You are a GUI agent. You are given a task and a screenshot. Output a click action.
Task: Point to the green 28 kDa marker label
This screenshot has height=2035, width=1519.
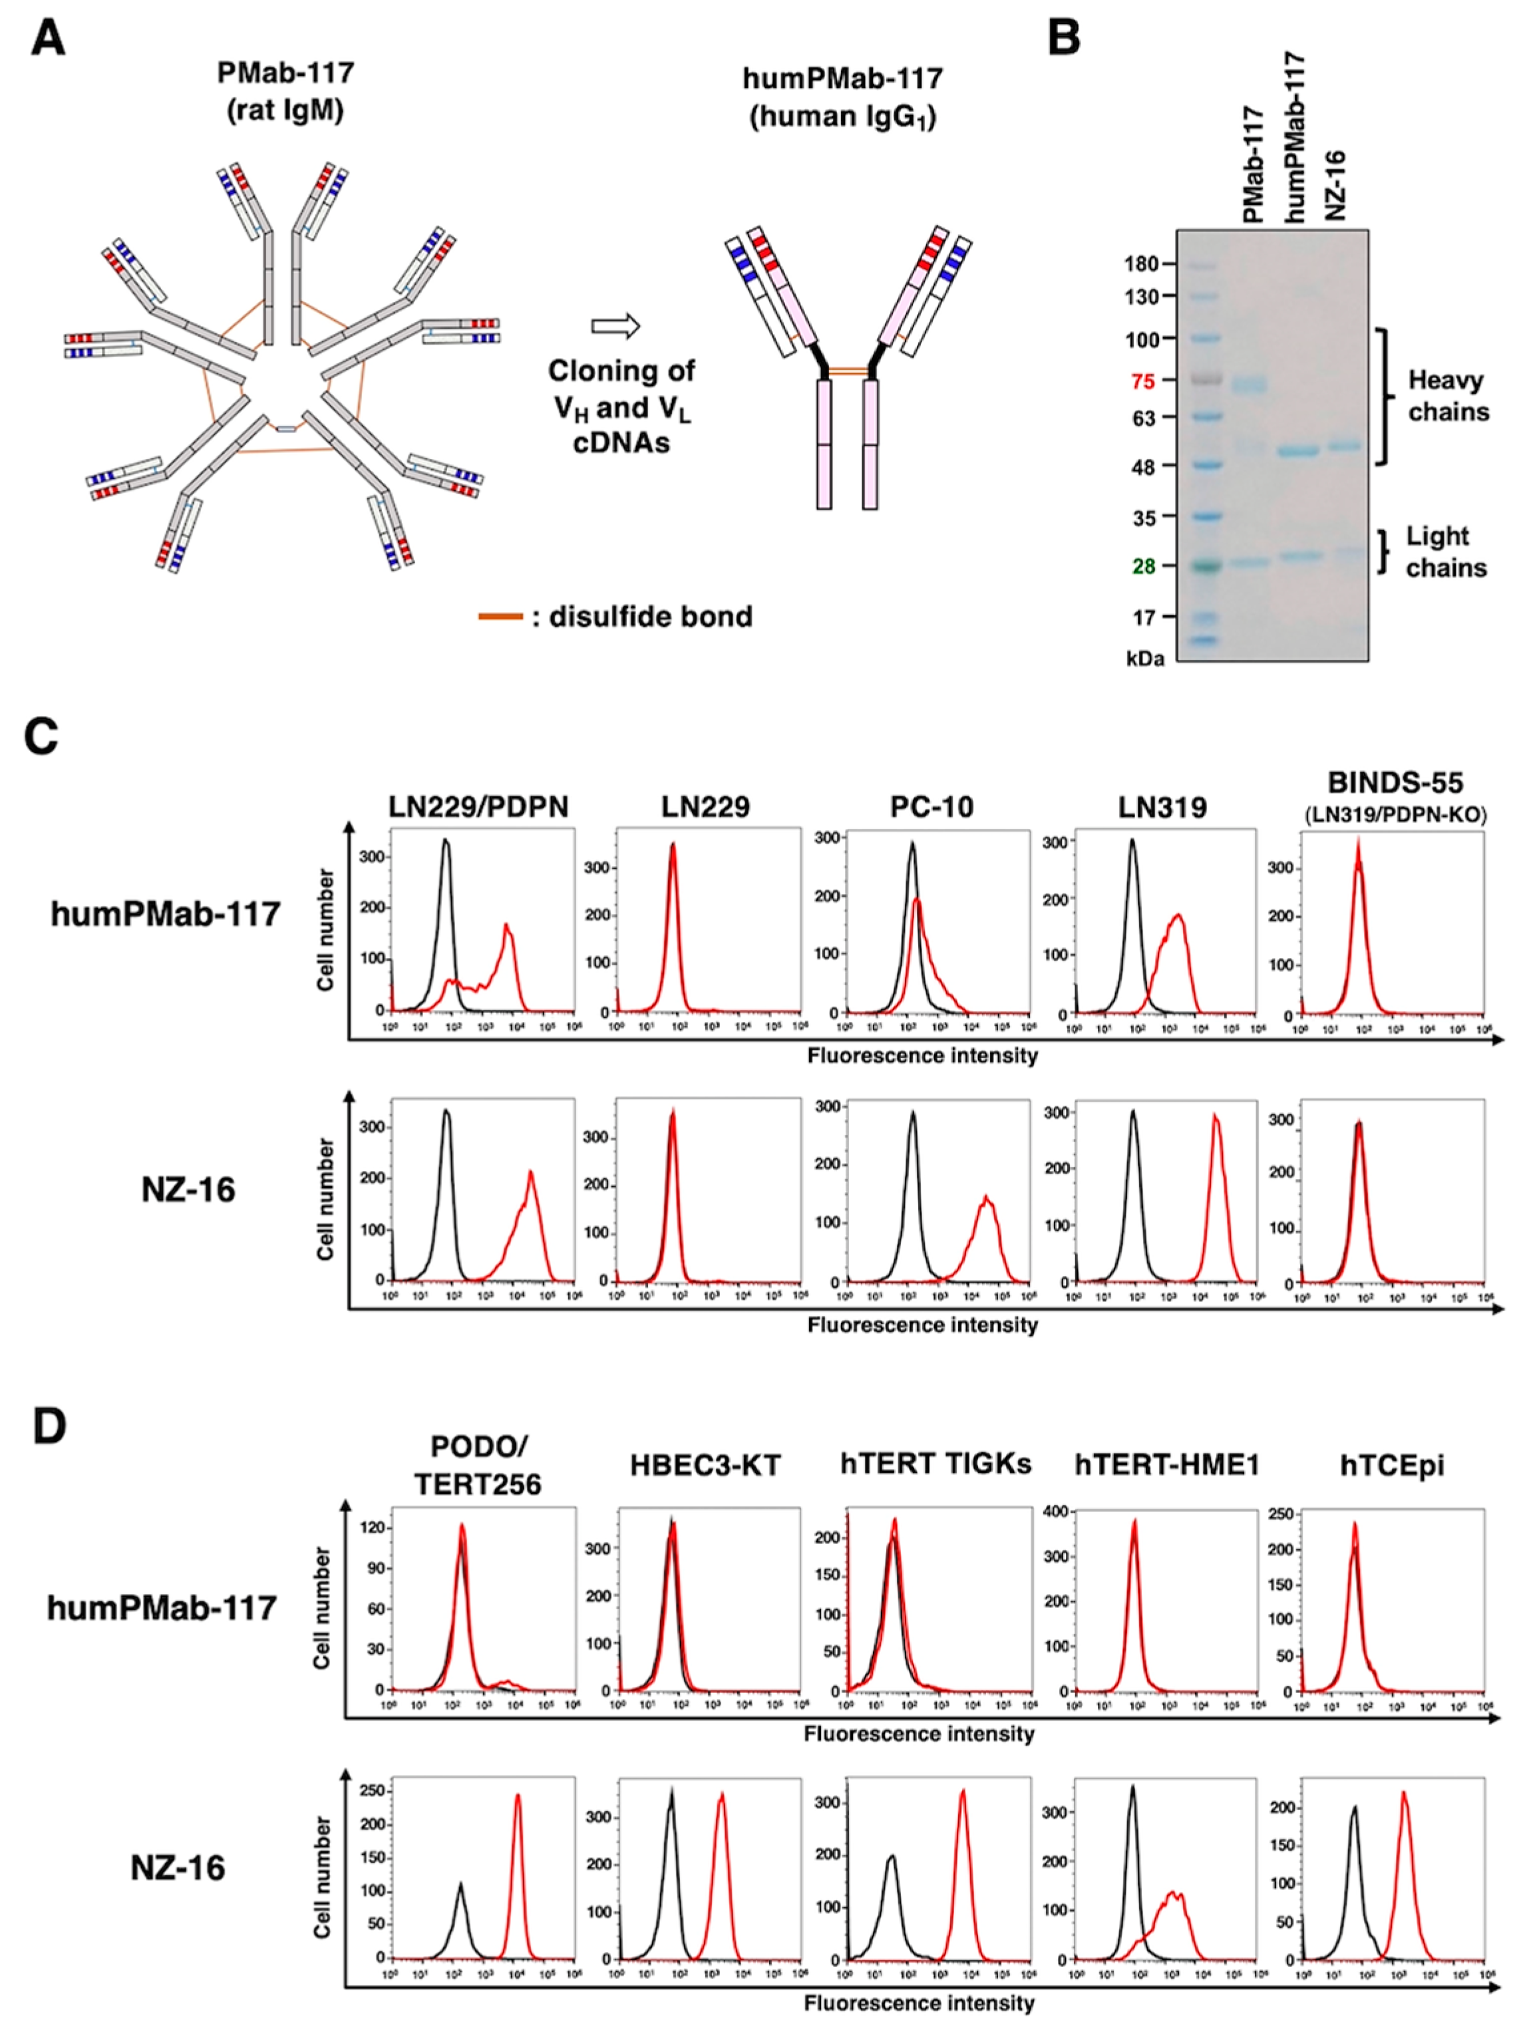[1143, 567]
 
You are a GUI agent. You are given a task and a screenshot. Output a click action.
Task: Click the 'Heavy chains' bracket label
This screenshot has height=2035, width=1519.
[1447, 395]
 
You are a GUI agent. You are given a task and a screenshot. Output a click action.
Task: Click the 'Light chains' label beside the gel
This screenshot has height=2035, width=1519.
[1445, 551]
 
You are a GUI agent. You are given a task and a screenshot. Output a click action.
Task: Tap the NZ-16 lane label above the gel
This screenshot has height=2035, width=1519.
[1335, 184]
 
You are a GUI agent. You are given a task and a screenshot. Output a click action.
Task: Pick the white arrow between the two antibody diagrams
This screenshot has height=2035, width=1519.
[614, 326]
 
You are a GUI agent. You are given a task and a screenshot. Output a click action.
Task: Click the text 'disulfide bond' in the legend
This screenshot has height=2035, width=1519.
[650, 616]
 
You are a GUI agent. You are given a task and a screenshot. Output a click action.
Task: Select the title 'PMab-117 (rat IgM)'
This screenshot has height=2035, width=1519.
[285, 92]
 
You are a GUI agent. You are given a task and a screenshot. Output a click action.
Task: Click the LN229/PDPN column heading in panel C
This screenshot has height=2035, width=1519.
[478, 806]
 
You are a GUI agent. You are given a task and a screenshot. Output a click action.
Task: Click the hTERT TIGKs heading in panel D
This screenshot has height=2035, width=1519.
[935, 1465]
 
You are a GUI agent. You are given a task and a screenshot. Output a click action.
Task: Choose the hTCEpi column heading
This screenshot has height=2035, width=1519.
[1397, 1465]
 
